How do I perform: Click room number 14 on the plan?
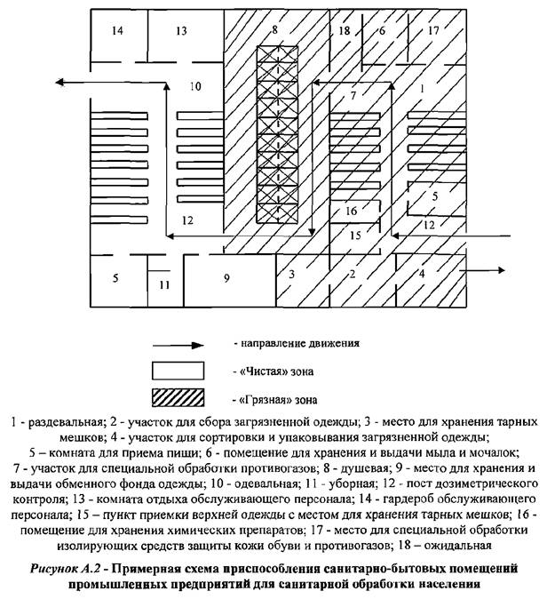click(x=118, y=31)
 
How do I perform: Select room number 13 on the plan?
click(x=181, y=31)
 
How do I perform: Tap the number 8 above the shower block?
click(x=274, y=30)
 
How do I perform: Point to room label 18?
click(x=345, y=31)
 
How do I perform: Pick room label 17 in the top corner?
click(x=433, y=31)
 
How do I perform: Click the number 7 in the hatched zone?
click(x=353, y=94)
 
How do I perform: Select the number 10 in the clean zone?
click(x=195, y=86)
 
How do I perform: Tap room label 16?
click(x=351, y=211)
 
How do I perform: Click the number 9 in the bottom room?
click(x=226, y=279)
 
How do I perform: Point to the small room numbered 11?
click(x=163, y=285)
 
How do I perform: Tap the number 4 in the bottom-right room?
click(x=422, y=273)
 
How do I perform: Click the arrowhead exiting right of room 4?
click(x=503, y=272)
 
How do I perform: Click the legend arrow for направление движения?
click(x=186, y=341)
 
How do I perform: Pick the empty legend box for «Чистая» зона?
click(x=186, y=370)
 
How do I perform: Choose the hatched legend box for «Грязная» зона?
click(x=186, y=397)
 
